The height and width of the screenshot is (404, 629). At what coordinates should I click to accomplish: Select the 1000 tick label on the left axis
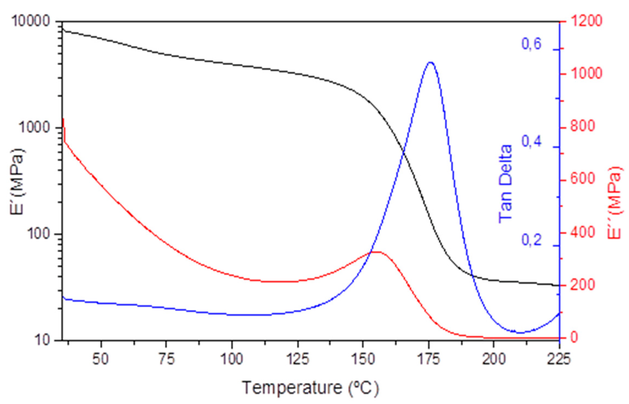(35, 128)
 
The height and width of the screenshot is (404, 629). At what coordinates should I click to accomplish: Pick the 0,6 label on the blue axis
(531, 44)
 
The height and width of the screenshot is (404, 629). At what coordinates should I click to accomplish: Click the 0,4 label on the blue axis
(531, 141)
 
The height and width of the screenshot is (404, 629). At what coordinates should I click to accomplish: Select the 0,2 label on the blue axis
(531, 240)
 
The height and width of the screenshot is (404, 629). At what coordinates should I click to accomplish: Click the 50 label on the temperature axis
(101, 359)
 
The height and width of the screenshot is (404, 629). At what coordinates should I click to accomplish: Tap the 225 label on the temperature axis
(559, 359)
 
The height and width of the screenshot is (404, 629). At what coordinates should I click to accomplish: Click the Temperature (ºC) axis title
(310, 388)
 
